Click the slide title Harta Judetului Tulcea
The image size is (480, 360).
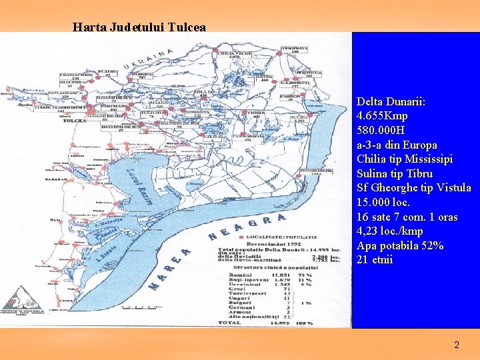tap(139, 27)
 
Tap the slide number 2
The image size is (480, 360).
tap(457, 345)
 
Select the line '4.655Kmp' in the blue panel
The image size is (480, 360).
tap(383, 116)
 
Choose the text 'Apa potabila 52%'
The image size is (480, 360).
tap(400, 246)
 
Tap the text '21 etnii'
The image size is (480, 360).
tap(375, 260)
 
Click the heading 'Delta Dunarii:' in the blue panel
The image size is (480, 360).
tap(391, 101)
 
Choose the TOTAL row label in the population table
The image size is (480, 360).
tap(230, 323)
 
